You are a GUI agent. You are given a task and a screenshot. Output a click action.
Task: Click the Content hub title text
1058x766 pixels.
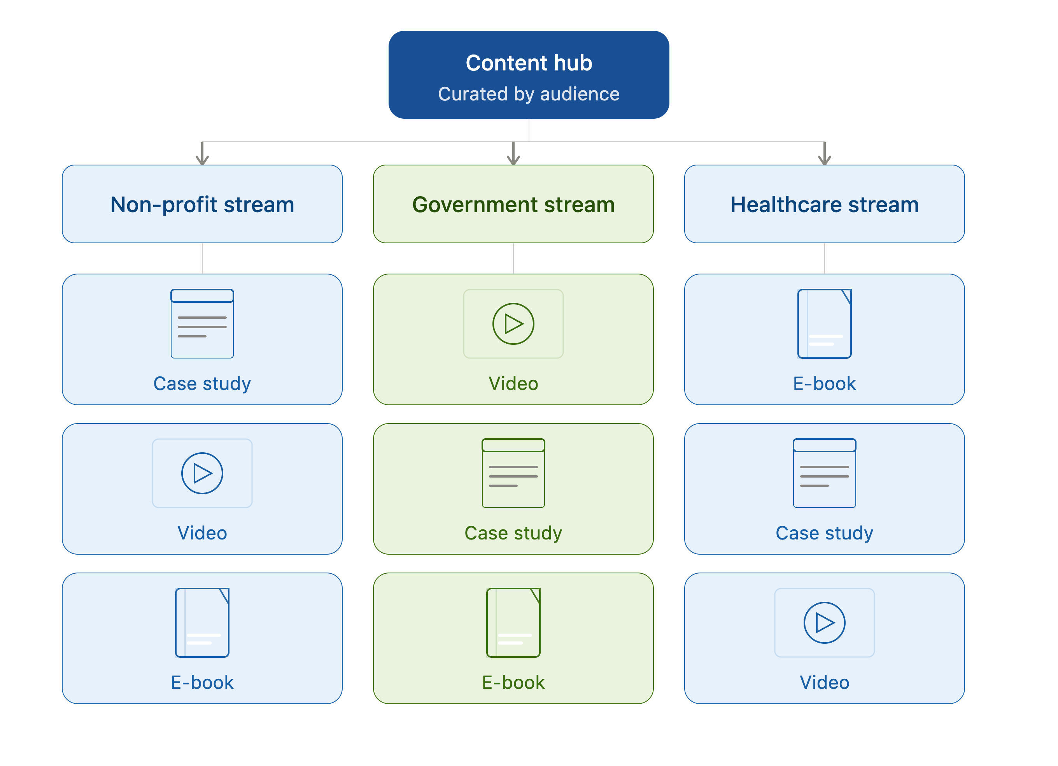(x=529, y=63)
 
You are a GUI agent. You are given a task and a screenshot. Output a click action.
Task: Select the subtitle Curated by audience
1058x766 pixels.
(x=529, y=94)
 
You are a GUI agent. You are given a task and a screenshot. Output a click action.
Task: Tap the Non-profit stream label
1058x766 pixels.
(x=202, y=204)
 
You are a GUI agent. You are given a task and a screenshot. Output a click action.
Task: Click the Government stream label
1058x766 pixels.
(x=513, y=204)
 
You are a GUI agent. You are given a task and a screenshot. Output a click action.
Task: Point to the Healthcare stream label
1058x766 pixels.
(x=824, y=204)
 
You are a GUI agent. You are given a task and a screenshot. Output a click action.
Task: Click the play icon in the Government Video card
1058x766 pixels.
(x=513, y=324)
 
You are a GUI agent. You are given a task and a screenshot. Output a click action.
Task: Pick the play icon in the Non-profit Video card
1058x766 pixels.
(x=202, y=473)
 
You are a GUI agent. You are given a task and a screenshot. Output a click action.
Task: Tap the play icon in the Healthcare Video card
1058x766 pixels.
(x=824, y=623)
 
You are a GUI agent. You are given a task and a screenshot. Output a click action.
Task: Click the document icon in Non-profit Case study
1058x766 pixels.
(x=202, y=324)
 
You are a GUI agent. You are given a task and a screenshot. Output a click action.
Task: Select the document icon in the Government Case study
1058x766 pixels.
(x=513, y=473)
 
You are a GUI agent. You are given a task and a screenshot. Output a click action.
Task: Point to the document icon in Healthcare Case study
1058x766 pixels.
(x=824, y=473)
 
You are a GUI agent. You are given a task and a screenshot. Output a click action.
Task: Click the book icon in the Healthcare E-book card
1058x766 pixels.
(x=824, y=324)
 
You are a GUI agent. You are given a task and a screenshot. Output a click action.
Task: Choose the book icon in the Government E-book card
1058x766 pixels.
(x=513, y=623)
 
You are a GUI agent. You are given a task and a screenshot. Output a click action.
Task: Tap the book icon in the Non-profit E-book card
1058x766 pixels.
(x=202, y=623)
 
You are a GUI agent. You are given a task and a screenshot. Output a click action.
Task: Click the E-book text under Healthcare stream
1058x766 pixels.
(x=824, y=384)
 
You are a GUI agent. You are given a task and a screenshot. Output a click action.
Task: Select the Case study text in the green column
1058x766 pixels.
(x=513, y=533)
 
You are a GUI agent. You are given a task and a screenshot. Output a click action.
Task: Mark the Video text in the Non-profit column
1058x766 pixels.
(x=202, y=533)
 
